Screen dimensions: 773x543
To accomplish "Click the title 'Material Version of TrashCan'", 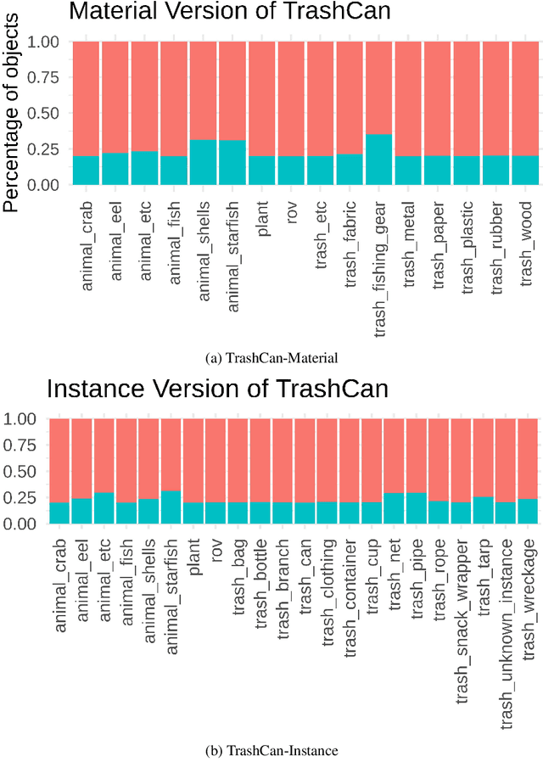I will point(219,12).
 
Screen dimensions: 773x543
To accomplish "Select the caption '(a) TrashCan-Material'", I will point(271,357).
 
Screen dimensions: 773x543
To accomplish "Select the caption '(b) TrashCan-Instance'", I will point(271,750).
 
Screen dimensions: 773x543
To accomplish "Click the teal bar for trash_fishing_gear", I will point(378,160).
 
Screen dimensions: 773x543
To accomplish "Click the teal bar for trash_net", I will point(394,508).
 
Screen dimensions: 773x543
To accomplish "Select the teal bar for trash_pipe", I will point(416,508).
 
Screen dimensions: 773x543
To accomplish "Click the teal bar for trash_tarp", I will point(483,510).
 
